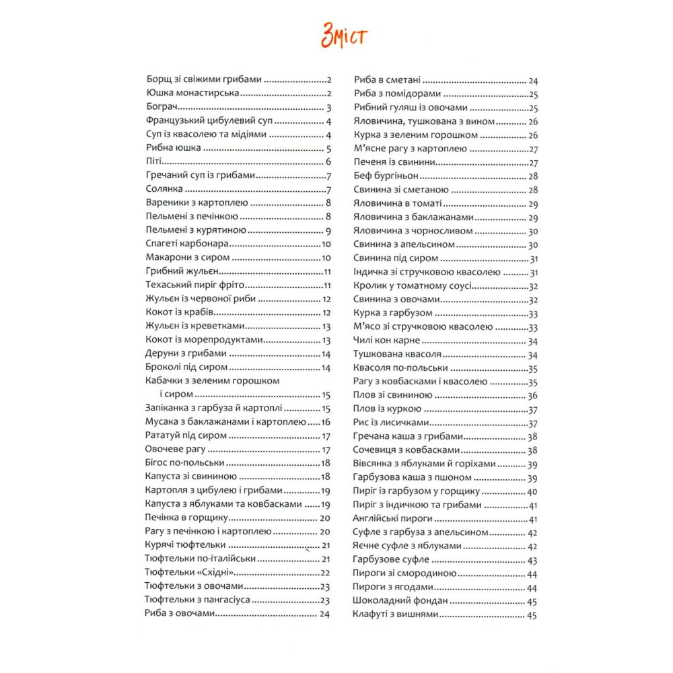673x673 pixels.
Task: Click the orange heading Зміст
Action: tap(343, 36)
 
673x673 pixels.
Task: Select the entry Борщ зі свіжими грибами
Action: tap(203, 79)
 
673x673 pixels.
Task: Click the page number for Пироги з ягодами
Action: tap(532, 588)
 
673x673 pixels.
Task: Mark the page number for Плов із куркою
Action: tap(532, 409)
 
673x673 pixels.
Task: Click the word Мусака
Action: tap(163, 422)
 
